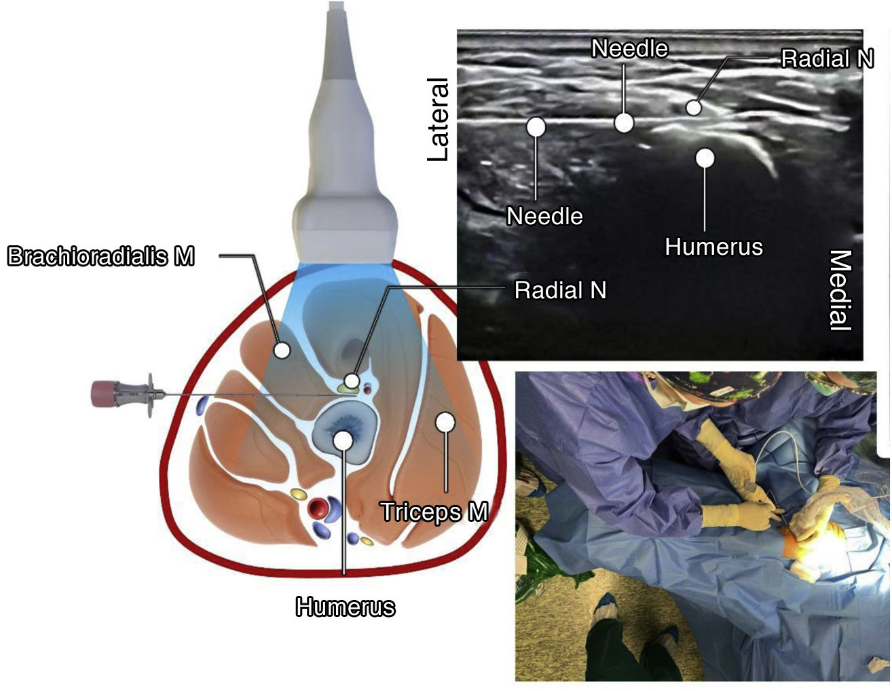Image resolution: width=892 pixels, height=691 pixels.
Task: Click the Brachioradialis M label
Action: tap(100, 256)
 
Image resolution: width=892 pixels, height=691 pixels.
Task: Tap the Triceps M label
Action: tap(434, 511)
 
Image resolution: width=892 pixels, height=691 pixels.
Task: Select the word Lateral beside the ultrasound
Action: tap(439, 120)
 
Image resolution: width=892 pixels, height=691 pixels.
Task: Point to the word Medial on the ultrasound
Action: tap(840, 290)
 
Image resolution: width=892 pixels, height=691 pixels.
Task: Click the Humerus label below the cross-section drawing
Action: tap(345, 606)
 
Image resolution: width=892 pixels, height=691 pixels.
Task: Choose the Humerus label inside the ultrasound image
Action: tap(713, 246)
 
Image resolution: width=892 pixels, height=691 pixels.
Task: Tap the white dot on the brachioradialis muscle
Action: tap(281, 350)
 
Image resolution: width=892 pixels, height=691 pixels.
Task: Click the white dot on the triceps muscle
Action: tap(445, 422)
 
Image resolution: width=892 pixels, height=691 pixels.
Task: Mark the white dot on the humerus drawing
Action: tap(343, 440)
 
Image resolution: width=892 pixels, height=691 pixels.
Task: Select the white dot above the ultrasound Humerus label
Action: tap(705, 158)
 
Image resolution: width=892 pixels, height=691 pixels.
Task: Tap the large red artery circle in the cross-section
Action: tap(317, 507)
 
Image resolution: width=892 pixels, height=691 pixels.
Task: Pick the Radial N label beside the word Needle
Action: tap(826, 58)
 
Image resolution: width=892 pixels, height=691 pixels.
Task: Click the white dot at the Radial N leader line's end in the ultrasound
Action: tap(693, 107)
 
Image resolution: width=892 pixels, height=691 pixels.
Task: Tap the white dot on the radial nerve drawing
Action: tap(351, 380)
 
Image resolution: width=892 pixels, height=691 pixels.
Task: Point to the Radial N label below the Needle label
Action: tap(560, 290)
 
